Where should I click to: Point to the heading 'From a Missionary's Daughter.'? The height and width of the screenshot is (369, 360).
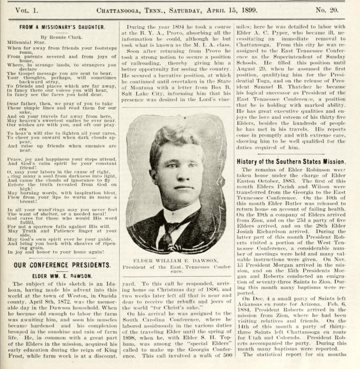62,27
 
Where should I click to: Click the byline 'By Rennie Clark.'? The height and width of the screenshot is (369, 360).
63,37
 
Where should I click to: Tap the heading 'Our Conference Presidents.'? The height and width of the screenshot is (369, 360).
62,264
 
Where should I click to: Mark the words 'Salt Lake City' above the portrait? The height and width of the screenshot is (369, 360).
144,98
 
